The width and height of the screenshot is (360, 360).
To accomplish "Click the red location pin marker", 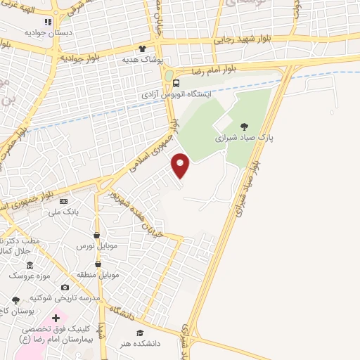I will pos(181,166).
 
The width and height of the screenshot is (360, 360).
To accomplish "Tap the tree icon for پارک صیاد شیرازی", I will pos(244,127).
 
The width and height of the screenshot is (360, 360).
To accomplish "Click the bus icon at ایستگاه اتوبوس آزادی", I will pos(176,83).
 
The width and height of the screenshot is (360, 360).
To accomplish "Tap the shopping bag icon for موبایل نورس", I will pos(96,235).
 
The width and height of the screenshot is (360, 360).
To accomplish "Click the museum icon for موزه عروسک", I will pos(29,265).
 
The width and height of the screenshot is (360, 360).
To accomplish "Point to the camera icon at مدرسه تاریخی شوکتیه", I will pos(65,287).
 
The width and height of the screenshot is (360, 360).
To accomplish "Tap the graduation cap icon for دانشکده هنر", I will pos(140,333).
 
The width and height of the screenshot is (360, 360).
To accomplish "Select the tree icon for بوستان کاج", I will pos(15,300).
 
